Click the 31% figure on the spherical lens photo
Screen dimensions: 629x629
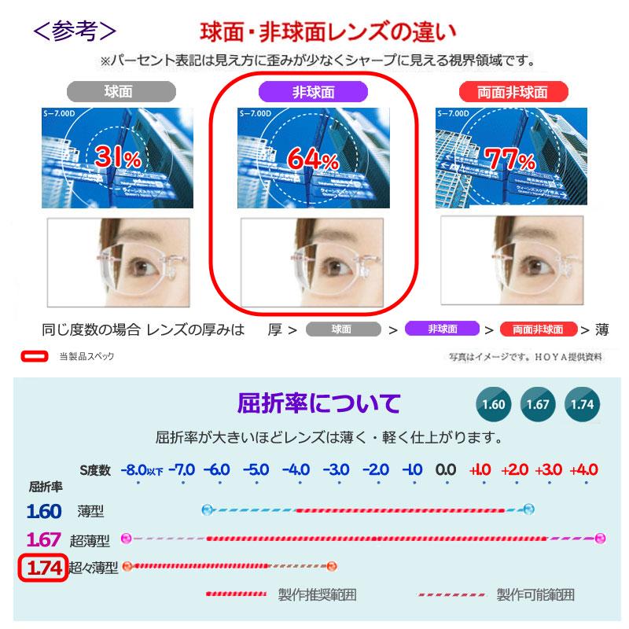(x=117, y=156)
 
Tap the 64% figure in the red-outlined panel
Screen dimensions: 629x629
(x=312, y=158)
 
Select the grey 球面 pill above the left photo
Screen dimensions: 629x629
(x=117, y=91)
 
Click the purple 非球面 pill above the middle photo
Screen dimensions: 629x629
(x=313, y=91)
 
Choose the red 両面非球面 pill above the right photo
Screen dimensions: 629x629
(x=514, y=91)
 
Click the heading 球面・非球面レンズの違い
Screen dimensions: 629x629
(x=327, y=34)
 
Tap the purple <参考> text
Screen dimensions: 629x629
(x=75, y=31)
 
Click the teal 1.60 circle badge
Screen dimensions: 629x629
(x=493, y=405)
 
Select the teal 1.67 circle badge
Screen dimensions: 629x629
(x=538, y=405)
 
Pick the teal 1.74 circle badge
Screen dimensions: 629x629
(x=583, y=405)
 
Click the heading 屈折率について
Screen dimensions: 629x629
(x=318, y=404)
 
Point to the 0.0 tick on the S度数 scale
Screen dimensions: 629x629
(x=446, y=470)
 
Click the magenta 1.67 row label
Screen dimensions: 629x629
(x=44, y=539)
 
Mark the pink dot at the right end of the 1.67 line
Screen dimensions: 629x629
(x=601, y=538)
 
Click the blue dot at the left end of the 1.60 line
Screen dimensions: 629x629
(x=207, y=509)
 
